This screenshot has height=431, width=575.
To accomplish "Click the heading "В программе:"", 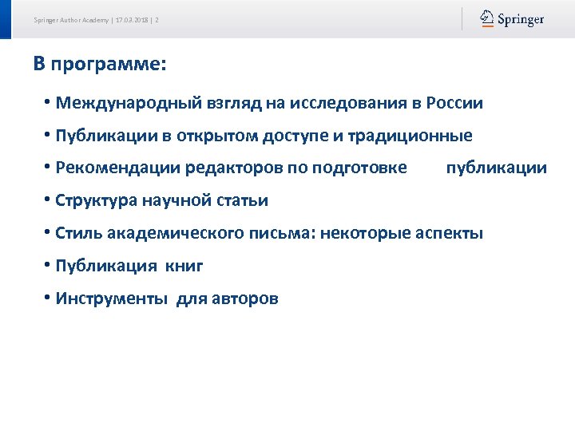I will (100, 64).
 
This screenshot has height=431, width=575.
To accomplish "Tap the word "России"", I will (454, 103).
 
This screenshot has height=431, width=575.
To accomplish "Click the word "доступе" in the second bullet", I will (295, 136).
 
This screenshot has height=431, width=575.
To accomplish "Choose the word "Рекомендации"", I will (118, 168).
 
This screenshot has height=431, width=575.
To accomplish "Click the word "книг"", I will (184, 266).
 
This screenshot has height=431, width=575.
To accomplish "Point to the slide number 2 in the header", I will (157, 20).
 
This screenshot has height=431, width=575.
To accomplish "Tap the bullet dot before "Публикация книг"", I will (48, 265).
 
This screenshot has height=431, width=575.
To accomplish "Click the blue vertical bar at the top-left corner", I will (6, 19).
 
